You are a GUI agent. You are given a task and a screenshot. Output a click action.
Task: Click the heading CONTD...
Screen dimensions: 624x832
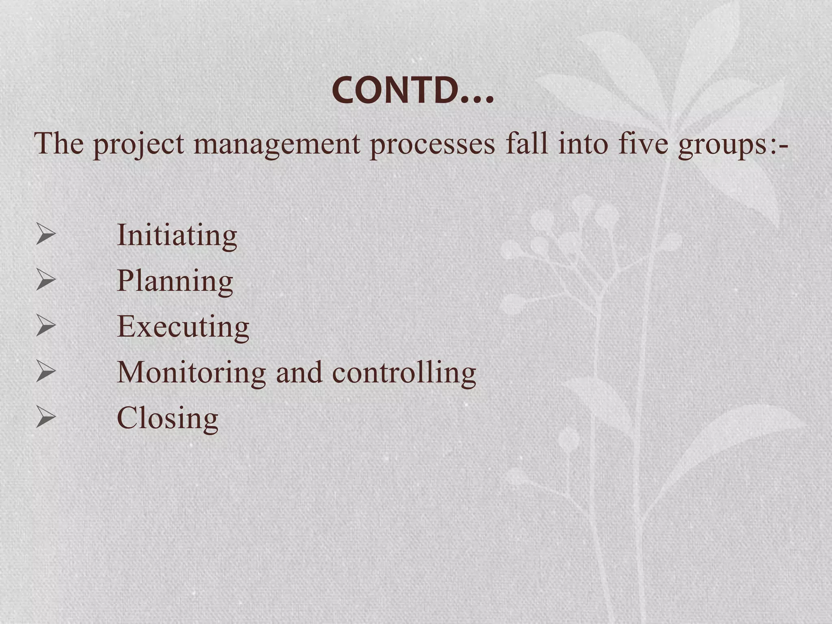[413, 91]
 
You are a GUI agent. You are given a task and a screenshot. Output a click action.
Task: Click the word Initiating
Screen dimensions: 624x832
[177, 235]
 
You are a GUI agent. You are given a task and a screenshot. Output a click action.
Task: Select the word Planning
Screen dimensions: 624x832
[175, 282]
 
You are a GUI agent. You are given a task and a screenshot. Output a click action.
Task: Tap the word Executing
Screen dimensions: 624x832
[183, 327]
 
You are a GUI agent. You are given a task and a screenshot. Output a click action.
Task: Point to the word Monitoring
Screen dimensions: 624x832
[191, 373]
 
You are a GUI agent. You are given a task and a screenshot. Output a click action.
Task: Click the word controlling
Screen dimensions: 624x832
[404, 373]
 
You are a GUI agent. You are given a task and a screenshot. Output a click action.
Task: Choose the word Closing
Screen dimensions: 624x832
[167, 418]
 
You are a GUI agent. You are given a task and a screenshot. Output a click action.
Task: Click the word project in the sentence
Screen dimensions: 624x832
[139, 145]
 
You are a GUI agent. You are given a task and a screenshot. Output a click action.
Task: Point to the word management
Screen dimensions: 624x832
[277, 145]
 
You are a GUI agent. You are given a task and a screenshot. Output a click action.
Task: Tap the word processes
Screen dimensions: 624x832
[432, 145]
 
